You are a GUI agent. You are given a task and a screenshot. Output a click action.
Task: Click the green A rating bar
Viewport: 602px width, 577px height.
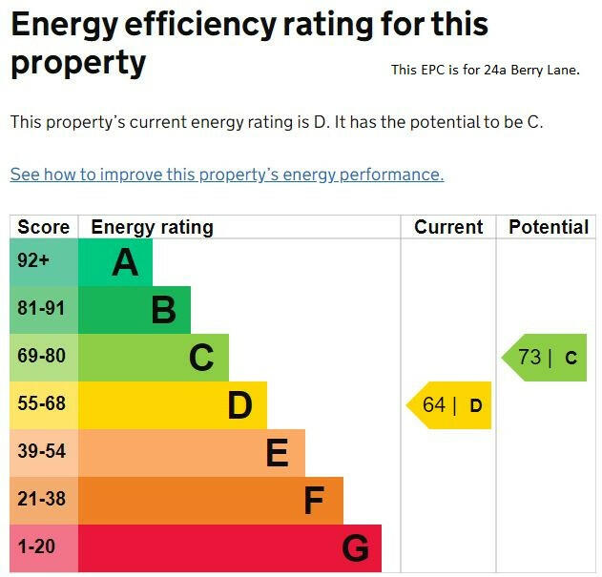pyautogui.click(x=115, y=261)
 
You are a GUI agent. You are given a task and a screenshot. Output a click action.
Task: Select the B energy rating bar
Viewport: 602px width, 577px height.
pyautogui.click(x=135, y=309)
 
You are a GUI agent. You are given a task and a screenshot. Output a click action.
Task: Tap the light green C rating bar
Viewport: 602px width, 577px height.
pyautogui.click(x=154, y=357)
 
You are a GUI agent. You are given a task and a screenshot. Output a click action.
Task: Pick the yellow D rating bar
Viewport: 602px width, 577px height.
pyautogui.click(x=173, y=404)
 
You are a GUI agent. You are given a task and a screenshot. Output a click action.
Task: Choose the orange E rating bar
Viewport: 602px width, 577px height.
pyautogui.click(x=192, y=452)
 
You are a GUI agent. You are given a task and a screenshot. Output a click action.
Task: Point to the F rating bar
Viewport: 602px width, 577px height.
pyautogui.click(x=211, y=500)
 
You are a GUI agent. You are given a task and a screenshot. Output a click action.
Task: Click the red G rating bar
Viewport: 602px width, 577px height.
pyautogui.click(x=230, y=547)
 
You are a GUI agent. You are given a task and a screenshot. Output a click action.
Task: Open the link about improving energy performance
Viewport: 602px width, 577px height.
pyautogui.click(x=227, y=175)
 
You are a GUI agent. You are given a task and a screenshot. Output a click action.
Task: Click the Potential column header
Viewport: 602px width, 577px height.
pyautogui.click(x=549, y=227)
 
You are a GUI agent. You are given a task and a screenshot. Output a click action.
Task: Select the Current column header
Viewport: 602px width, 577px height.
pyautogui.click(x=448, y=227)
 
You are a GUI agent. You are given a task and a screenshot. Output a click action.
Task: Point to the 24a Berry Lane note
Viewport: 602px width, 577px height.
pyautogui.click(x=485, y=70)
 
